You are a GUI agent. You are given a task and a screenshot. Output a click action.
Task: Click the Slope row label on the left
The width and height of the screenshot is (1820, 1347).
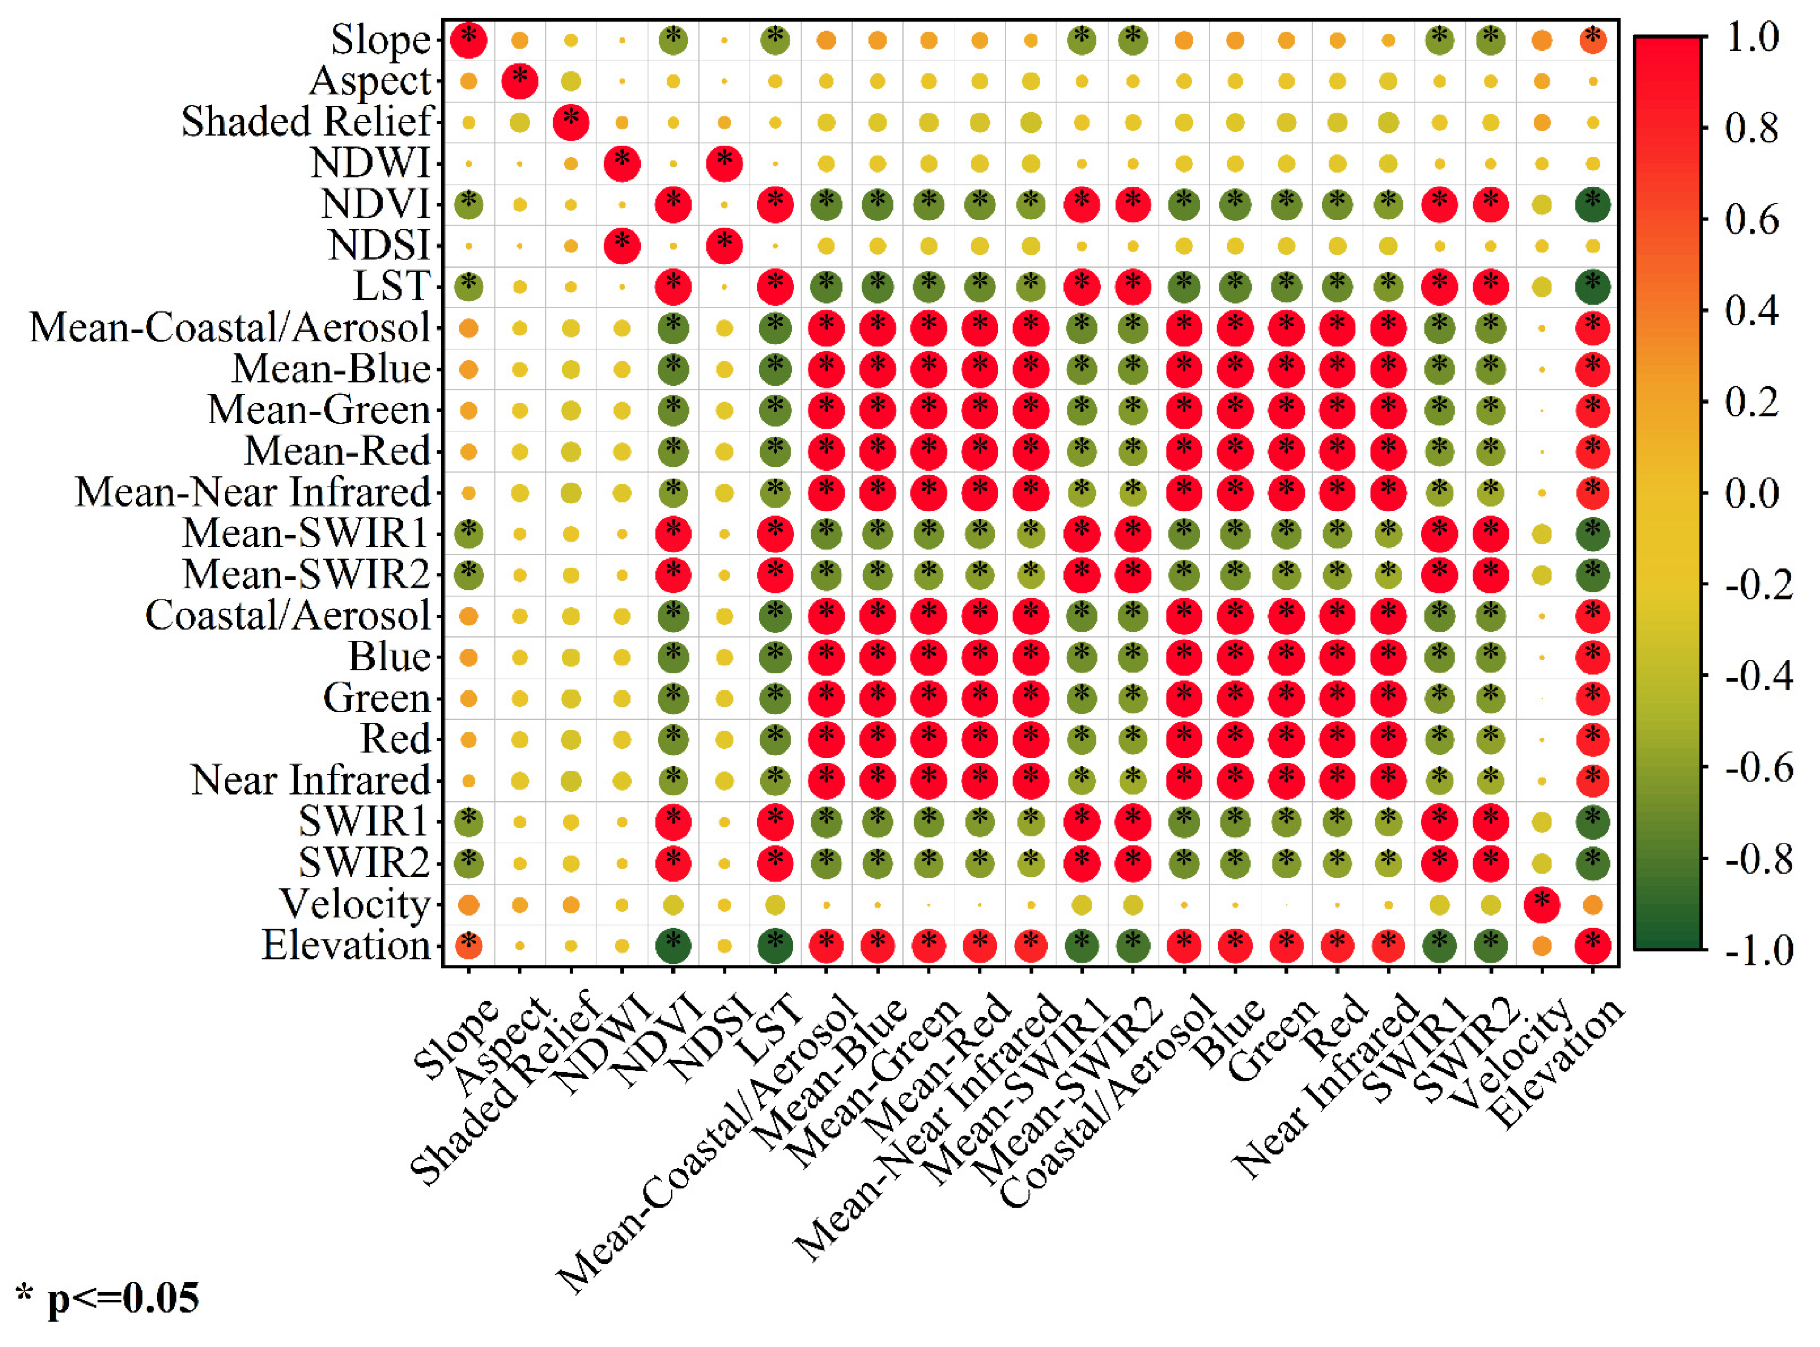380,40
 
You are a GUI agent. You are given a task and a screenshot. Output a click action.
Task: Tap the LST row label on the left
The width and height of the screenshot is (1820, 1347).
391,286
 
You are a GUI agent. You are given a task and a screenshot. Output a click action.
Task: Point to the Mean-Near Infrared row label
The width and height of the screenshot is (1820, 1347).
253,492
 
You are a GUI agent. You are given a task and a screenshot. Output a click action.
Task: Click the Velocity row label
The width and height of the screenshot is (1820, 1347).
355,903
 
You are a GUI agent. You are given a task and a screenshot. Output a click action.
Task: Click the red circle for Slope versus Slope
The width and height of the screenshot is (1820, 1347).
469,40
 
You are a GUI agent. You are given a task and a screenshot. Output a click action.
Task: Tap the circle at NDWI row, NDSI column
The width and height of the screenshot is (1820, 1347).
724,163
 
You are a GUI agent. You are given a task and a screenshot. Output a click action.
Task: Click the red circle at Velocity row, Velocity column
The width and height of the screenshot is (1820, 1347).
1541,904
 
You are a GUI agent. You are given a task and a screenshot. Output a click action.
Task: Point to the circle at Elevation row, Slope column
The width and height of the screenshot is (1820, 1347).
469,946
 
